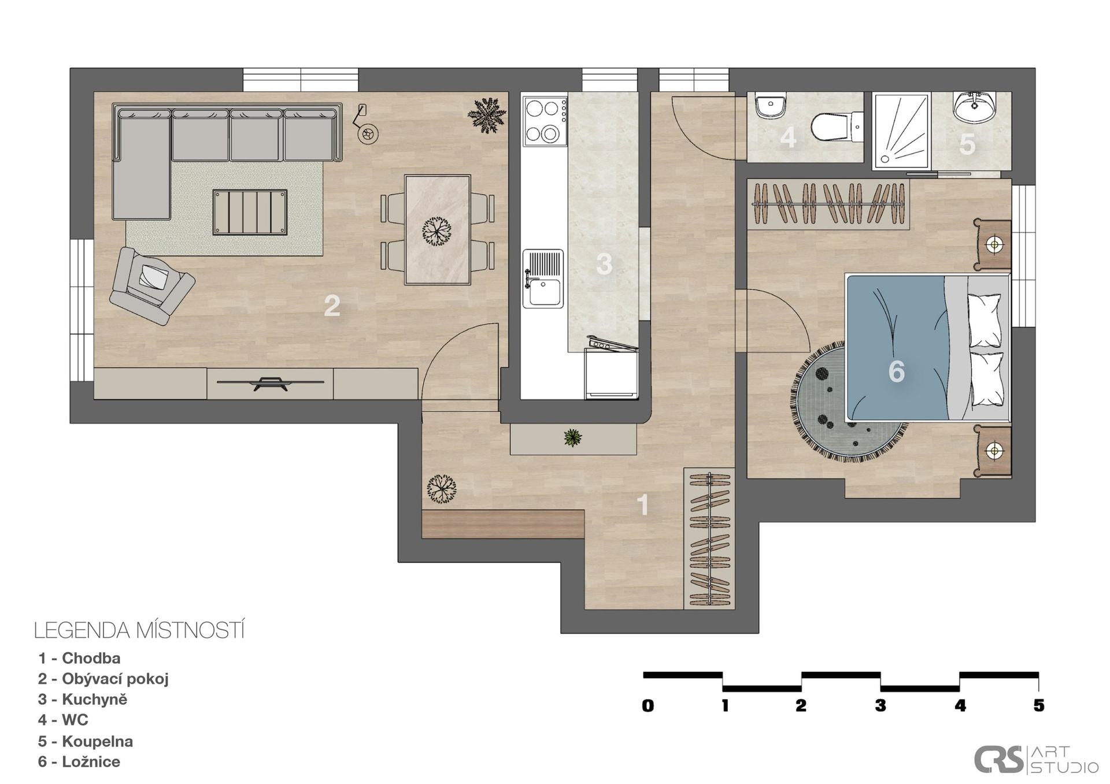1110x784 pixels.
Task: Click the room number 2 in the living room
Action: click(x=332, y=306)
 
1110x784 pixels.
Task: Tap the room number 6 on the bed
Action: click(x=896, y=371)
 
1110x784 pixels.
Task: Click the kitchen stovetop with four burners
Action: click(x=545, y=121)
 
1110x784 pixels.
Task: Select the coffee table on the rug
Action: click(x=250, y=212)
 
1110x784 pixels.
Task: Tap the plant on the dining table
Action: click(x=436, y=231)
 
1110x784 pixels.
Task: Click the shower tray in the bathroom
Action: click(x=901, y=131)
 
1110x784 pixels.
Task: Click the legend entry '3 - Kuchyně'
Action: click(x=83, y=699)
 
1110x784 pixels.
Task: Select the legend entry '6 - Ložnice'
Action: click(x=79, y=761)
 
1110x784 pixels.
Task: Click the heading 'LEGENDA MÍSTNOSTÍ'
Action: click(x=139, y=630)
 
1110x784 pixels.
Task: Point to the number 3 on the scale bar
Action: click(x=880, y=705)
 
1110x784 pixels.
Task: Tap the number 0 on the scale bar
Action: click(x=647, y=705)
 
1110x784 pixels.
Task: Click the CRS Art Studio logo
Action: click(x=1036, y=760)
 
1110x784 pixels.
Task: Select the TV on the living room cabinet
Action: click(x=270, y=382)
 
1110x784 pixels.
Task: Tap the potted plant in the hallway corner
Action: click(x=442, y=489)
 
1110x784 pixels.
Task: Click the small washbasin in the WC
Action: click(x=771, y=106)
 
